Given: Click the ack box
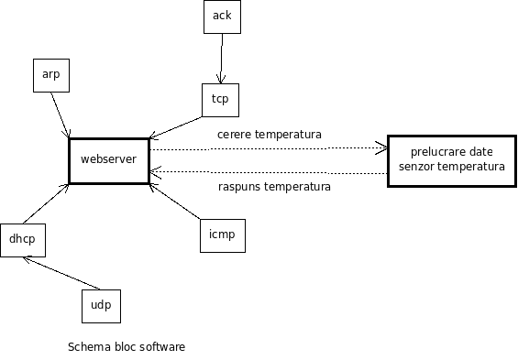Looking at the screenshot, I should pos(222,16).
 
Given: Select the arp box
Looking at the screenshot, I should pos(51,74).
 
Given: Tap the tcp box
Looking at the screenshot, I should pos(220,100).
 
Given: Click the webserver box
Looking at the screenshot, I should pos(108,159).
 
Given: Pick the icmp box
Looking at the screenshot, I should pos(222,235).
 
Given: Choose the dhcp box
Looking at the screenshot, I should pos(21,240).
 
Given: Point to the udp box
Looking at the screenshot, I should pos(102,306).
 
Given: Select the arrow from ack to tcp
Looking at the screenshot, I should pos(220,59).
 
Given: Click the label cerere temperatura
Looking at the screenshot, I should pos(269,135).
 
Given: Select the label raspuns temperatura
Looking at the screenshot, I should pos(274,187).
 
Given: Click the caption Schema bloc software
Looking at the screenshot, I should pos(127,347).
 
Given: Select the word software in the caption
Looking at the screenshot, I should pos(162,347).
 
